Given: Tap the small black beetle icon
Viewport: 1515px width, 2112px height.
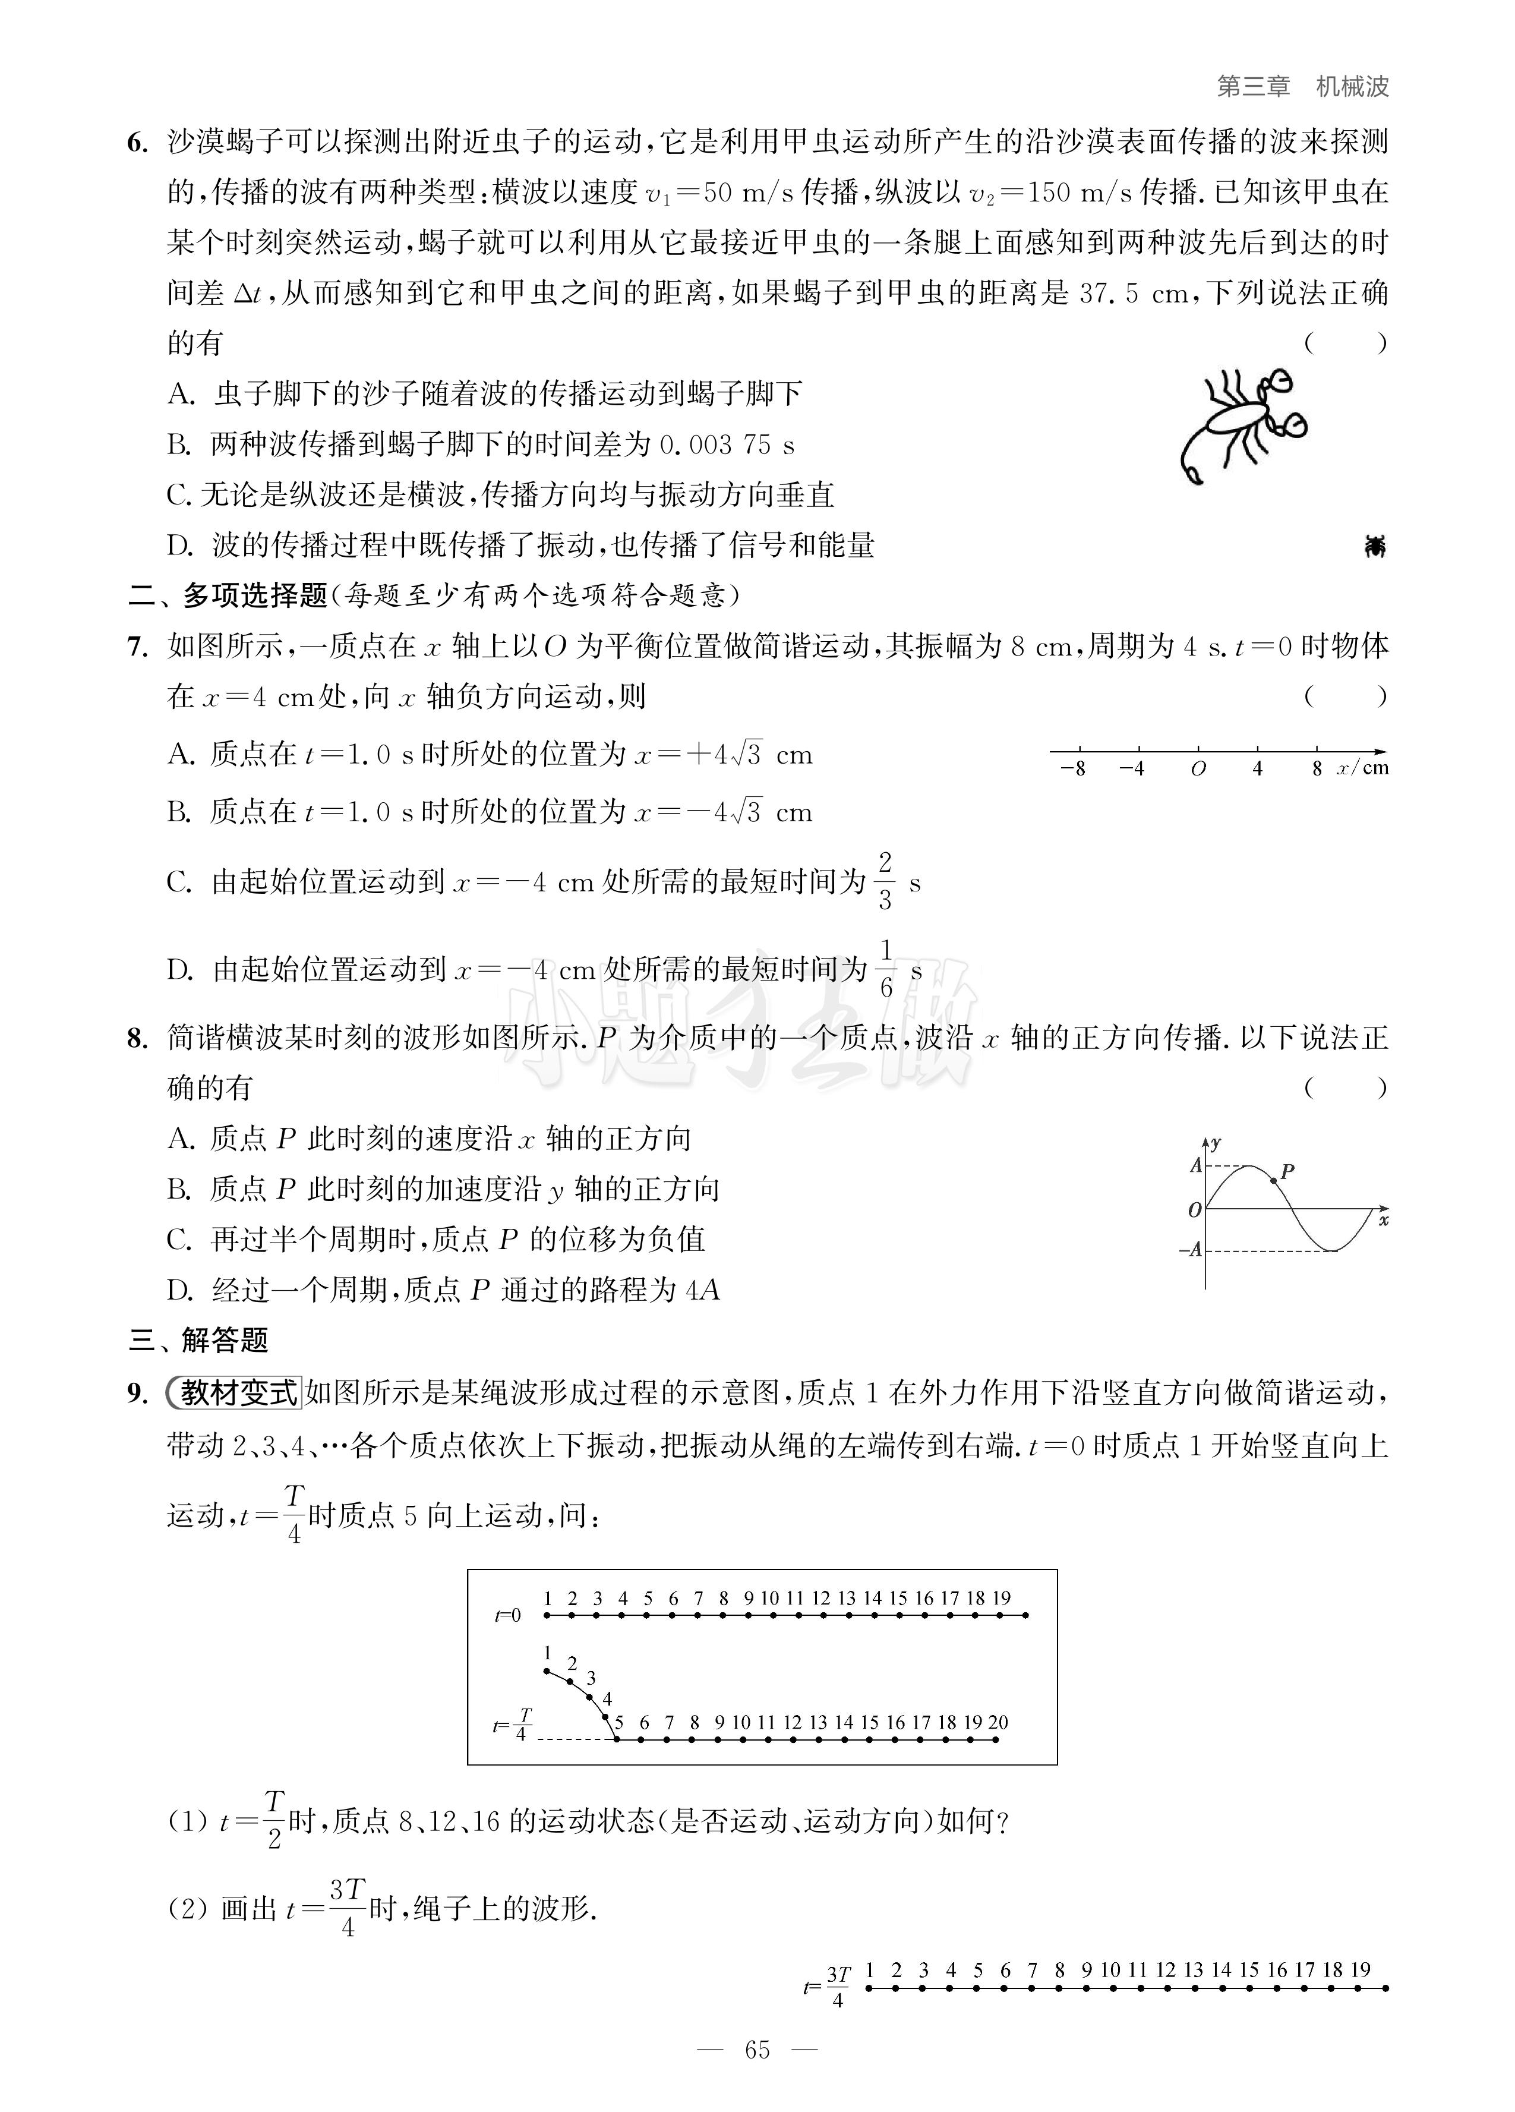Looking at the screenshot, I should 1374,547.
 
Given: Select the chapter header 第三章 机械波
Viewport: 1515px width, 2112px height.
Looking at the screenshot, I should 1302,87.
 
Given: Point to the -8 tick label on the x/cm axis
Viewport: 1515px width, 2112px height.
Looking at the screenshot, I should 1073,769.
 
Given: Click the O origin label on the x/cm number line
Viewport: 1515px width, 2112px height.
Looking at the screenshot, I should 1198,769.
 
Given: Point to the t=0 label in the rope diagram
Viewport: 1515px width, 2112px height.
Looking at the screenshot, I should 509,1616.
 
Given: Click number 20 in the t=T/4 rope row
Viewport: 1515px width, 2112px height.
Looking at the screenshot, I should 998,1722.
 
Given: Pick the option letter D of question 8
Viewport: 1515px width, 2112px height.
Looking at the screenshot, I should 179,1291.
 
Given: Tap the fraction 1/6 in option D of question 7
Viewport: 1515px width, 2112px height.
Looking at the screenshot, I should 886,969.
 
